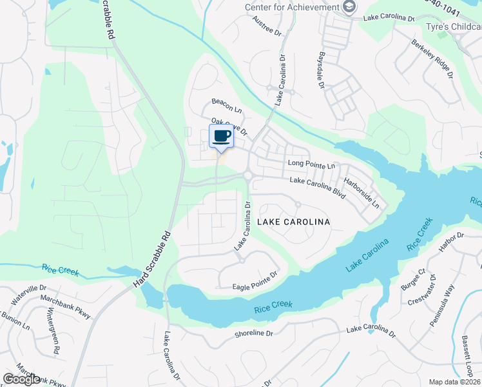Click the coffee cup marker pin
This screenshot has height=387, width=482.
[x=221, y=137]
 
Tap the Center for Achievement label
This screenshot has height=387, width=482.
[x=291, y=7]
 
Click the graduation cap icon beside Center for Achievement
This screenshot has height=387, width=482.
[x=349, y=7]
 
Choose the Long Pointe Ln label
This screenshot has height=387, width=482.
[x=312, y=165]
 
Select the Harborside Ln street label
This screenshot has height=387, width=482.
[x=361, y=192]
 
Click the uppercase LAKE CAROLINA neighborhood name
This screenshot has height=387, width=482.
[x=293, y=222]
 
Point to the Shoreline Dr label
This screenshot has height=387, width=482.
[x=254, y=333]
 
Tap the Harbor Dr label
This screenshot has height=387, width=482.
[x=450, y=240]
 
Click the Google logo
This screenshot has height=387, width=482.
[x=21, y=379]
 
